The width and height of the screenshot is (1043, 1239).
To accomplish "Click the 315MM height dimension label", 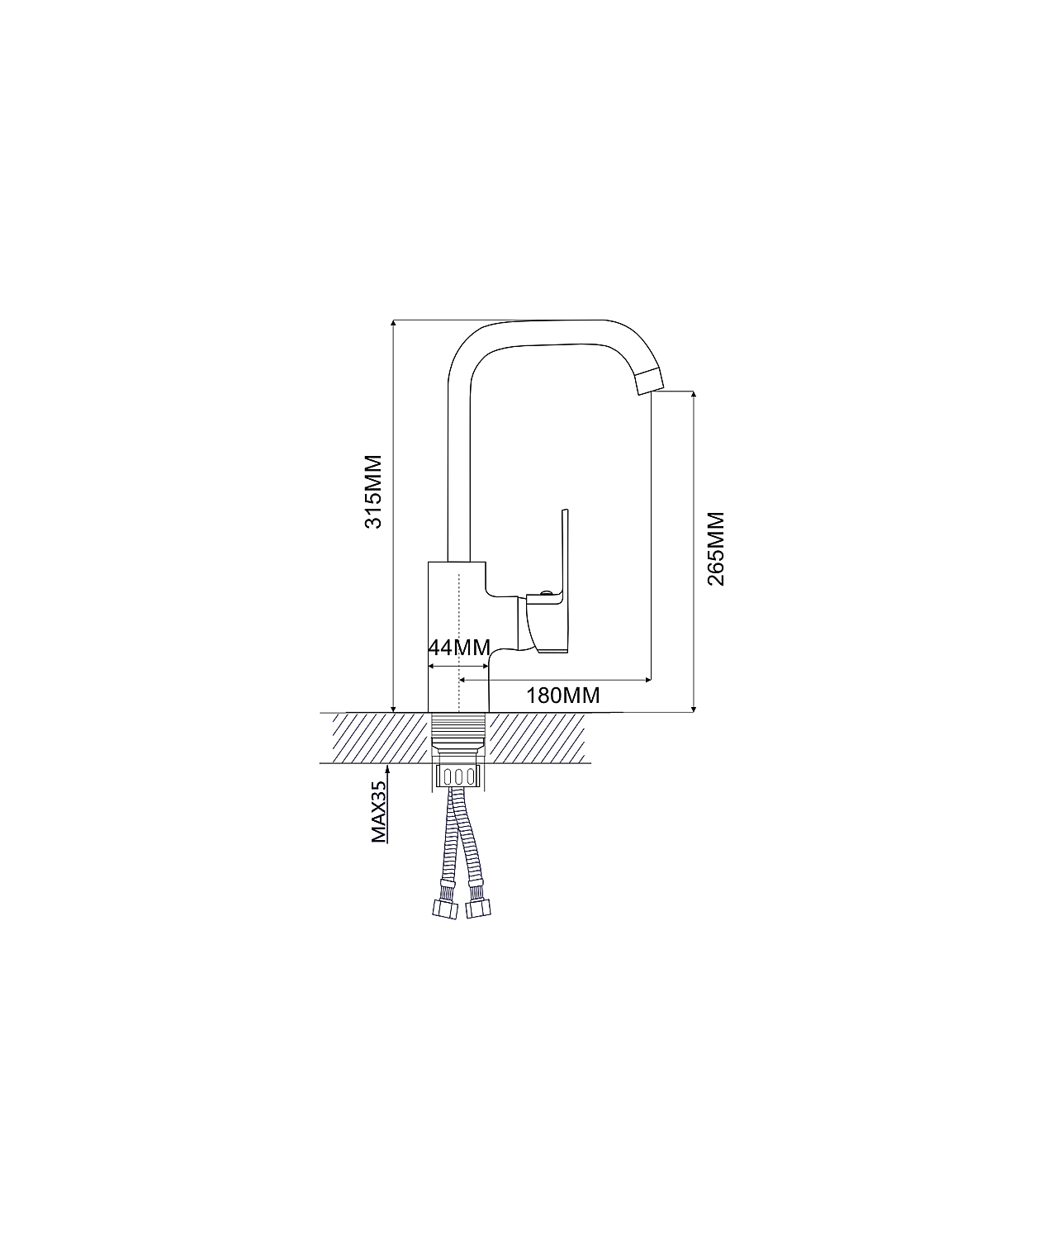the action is (x=373, y=491).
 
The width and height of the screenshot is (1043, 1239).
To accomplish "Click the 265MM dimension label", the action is (x=716, y=549).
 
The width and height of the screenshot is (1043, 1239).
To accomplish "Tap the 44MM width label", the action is (x=459, y=647).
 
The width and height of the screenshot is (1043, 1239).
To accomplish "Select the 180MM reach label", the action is (x=563, y=695).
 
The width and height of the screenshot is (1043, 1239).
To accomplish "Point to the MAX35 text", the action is (x=378, y=812).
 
